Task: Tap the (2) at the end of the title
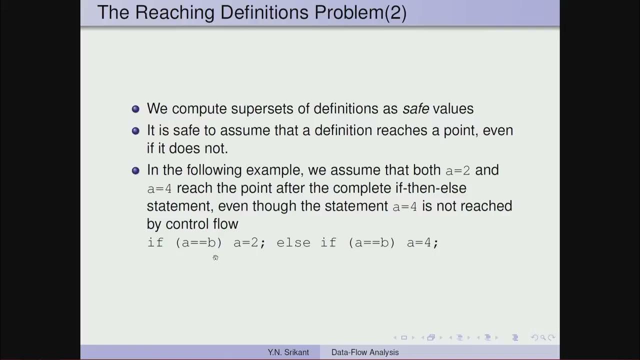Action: (395, 12)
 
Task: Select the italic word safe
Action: (416, 108)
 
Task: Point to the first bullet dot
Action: (135, 109)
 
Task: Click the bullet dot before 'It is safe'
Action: (135, 131)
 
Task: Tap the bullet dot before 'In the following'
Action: (135, 170)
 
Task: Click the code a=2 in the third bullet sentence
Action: (458, 170)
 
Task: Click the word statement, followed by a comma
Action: (180, 206)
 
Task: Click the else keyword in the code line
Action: (293, 243)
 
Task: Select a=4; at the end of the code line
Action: (422, 243)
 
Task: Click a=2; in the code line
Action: (249, 243)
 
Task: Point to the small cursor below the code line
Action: (215, 257)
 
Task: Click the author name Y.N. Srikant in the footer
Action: (288, 352)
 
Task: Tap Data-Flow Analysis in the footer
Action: (365, 352)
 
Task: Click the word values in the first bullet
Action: (453, 108)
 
